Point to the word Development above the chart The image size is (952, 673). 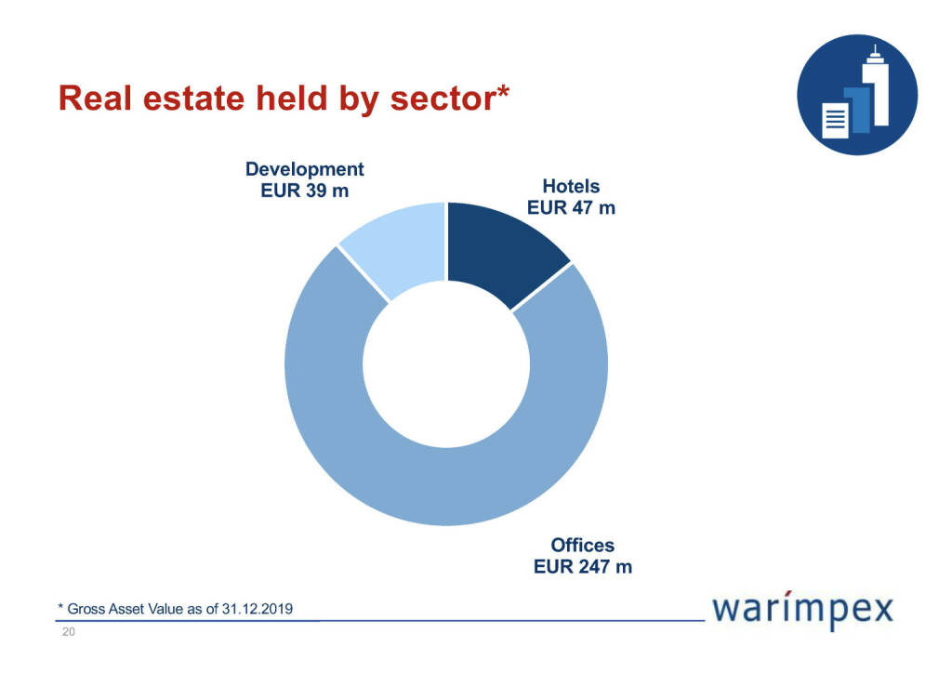pos(304,169)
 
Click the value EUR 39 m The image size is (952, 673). pos(304,191)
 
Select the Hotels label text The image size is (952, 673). pos(571,187)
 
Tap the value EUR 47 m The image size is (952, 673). pos(571,207)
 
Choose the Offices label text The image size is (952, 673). pos(583,545)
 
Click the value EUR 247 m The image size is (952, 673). pos(583,565)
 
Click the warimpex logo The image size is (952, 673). pos(801,610)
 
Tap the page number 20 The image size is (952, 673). pos(68,633)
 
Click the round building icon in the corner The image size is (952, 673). pos(857,95)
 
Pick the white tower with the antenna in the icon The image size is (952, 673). pos(875,88)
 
